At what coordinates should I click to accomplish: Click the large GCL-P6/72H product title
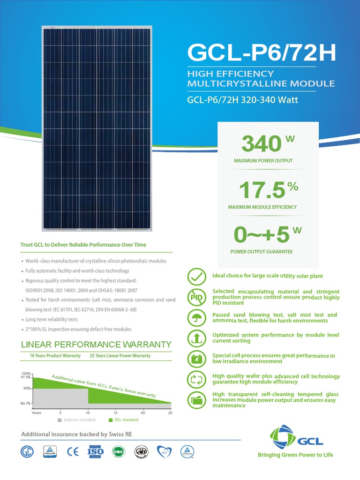262,53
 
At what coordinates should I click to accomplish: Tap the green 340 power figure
261,143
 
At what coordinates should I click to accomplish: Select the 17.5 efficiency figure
262,190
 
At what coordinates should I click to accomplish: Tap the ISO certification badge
96,451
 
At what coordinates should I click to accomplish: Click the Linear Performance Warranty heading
97,345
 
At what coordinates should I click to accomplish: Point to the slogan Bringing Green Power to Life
295,455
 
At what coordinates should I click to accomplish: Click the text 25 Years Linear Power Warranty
120,356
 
